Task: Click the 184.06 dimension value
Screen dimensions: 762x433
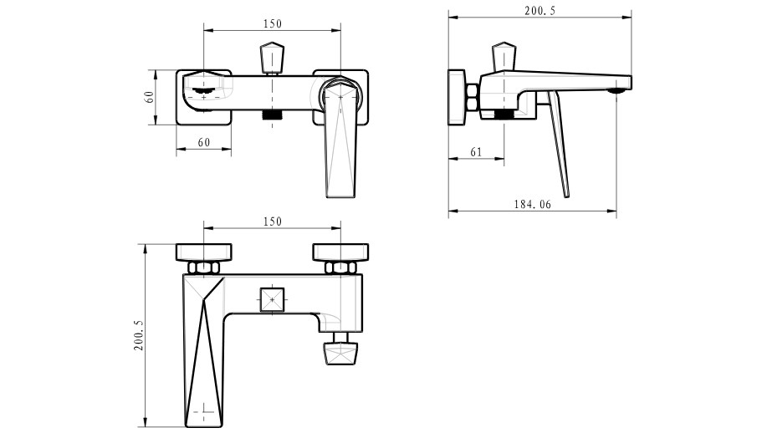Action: [x=533, y=204]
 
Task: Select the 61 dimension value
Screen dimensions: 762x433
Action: [x=476, y=152]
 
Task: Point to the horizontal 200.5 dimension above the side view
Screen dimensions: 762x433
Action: [x=540, y=11]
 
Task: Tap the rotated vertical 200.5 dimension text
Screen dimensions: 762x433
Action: [x=139, y=335]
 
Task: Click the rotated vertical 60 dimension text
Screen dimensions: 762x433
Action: [x=149, y=97]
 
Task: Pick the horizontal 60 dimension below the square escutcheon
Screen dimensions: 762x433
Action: [x=204, y=142]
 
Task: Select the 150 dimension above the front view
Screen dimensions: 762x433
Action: [x=272, y=23]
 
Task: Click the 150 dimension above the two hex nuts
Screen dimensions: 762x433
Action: [x=272, y=222]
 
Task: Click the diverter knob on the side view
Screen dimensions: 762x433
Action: [x=504, y=56]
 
